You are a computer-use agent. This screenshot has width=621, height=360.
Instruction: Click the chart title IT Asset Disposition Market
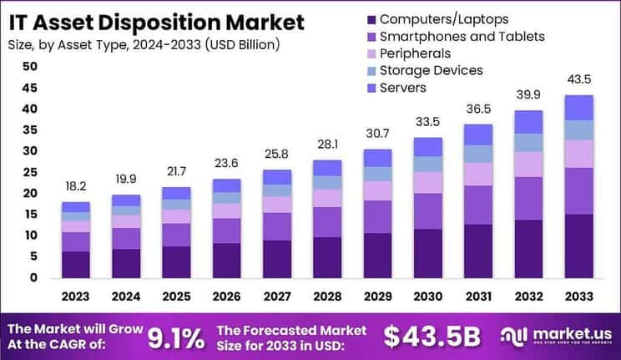pyautogui.click(x=156, y=21)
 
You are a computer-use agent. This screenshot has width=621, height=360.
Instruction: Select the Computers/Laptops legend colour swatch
pyautogui.click(x=371, y=18)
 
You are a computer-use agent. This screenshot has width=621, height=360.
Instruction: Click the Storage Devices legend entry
pyautogui.click(x=431, y=70)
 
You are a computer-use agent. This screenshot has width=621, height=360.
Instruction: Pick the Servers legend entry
pyautogui.click(x=402, y=88)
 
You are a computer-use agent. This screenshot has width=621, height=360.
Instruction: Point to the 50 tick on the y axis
pyautogui.click(x=30, y=66)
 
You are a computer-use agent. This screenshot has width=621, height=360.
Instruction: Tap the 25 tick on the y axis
pyautogui.click(x=30, y=172)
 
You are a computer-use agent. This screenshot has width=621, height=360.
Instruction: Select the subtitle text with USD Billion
pyautogui.click(x=144, y=43)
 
